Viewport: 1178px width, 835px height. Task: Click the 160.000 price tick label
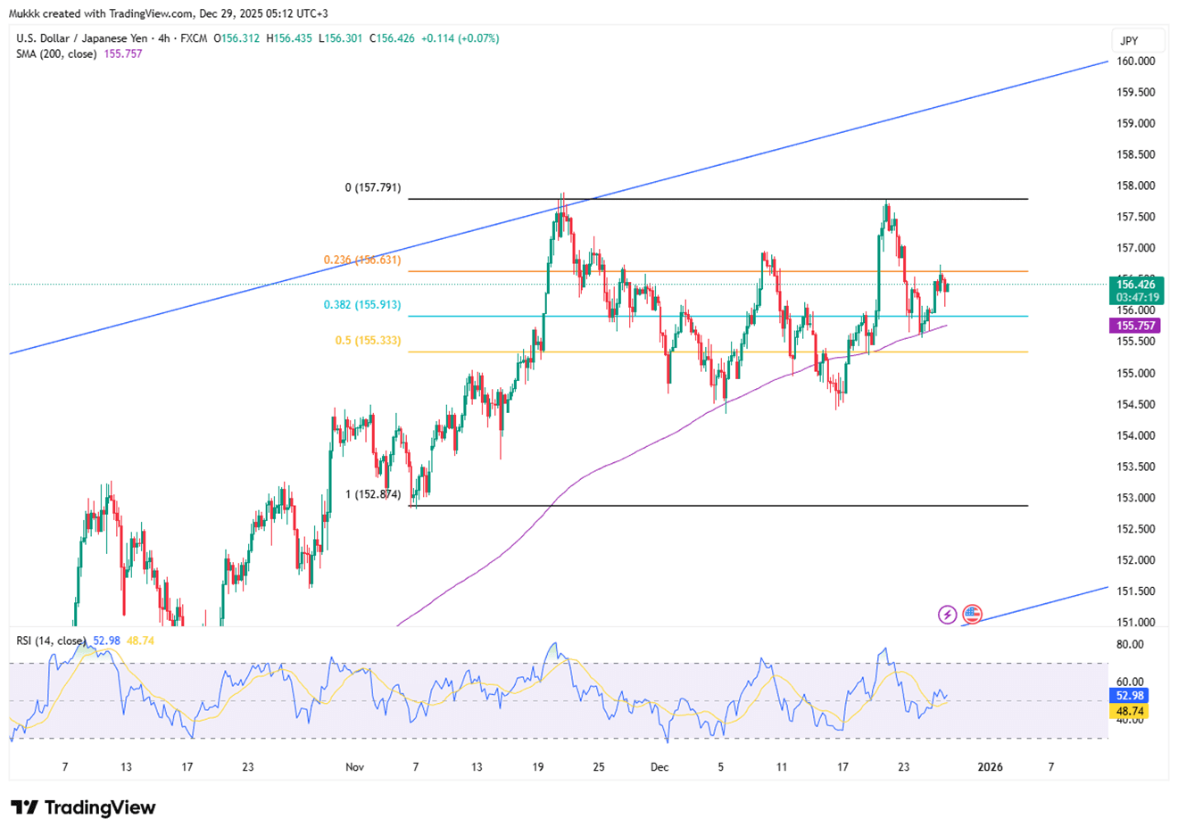click(x=1136, y=62)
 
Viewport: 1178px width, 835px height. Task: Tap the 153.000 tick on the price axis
click(x=1136, y=498)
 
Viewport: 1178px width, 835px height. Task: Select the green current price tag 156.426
click(x=1136, y=285)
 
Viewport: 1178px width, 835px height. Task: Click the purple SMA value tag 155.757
click(x=1136, y=327)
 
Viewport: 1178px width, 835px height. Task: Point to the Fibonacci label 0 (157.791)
click(x=373, y=188)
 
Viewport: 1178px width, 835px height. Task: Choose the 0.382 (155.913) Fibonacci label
click(x=361, y=305)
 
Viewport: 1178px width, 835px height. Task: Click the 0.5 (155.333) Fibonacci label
click(x=368, y=341)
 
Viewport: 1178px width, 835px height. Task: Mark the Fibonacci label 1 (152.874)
click(x=373, y=494)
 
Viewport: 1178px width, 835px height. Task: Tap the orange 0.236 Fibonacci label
click(x=361, y=260)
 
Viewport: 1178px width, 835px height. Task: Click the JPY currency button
click(x=1130, y=41)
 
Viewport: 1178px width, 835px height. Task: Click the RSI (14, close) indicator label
click(x=51, y=641)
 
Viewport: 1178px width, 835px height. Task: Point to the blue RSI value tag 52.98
click(x=1129, y=696)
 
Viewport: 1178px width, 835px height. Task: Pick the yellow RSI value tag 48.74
click(x=1129, y=712)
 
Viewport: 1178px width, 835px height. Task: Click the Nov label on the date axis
click(x=354, y=767)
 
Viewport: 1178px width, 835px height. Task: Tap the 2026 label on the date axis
click(x=990, y=767)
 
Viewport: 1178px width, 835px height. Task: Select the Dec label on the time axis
click(x=660, y=767)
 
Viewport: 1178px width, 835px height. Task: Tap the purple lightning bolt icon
click(x=948, y=615)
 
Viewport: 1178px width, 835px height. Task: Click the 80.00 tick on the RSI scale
click(x=1130, y=645)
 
